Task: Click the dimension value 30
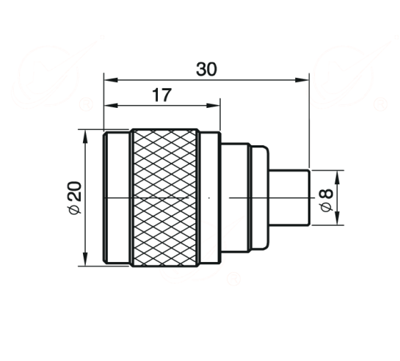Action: tap(206, 69)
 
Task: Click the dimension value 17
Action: tap(162, 95)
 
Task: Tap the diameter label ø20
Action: tap(75, 197)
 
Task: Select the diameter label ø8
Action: tap(327, 200)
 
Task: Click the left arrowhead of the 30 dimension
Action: tap(111, 80)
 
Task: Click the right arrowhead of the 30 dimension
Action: tap(302, 80)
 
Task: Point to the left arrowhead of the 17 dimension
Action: tap(111, 106)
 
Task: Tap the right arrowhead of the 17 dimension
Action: tap(213, 106)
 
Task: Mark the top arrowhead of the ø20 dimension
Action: tap(85, 136)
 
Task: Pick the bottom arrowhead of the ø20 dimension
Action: tap(85, 259)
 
